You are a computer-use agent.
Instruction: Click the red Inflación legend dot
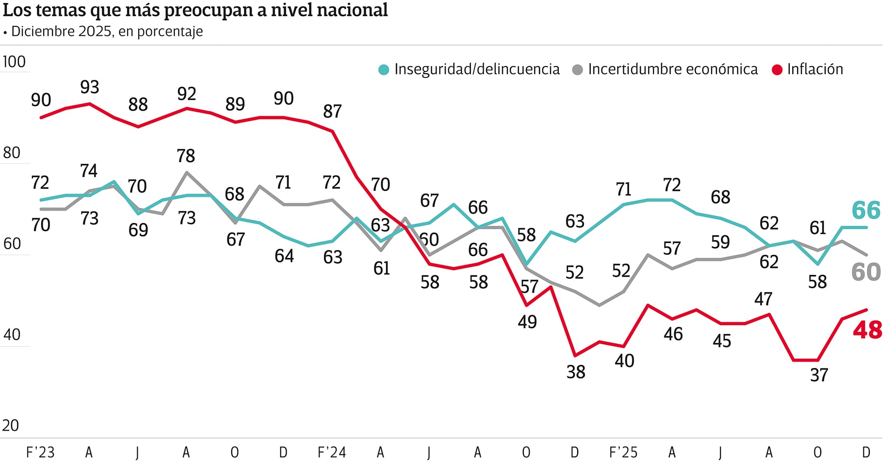click(777, 70)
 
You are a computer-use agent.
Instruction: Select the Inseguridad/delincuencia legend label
click(477, 70)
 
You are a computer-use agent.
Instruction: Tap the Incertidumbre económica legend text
click(673, 70)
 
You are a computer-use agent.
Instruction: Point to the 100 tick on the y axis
click(14, 62)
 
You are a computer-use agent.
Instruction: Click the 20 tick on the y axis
click(11, 425)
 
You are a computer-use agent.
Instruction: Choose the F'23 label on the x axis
click(40, 452)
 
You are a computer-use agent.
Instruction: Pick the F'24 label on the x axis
click(332, 452)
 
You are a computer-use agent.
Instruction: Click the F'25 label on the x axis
click(623, 452)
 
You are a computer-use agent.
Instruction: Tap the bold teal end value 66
click(866, 211)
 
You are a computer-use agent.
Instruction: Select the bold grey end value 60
click(866, 272)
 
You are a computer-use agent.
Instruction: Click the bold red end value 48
click(867, 330)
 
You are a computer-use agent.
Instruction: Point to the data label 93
click(90, 87)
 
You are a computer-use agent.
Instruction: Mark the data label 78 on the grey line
click(186, 156)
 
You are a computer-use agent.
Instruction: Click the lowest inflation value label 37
click(819, 375)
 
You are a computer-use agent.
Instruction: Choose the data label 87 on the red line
click(332, 112)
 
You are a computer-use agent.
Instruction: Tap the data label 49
click(527, 322)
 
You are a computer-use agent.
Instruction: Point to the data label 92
click(187, 94)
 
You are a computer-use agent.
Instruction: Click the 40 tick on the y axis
click(12, 335)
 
